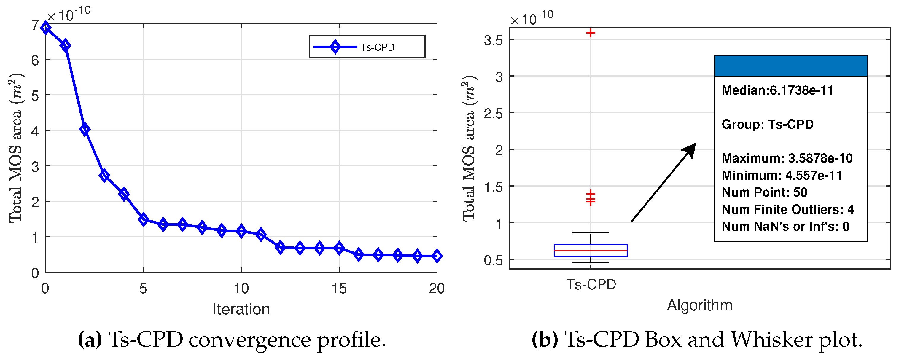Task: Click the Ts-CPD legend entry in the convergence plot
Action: tap(366, 47)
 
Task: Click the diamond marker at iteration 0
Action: tap(45, 28)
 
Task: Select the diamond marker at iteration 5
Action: tap(143, 219)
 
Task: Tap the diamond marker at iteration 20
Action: tap(436, 256)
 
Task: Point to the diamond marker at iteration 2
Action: tap(85, 129)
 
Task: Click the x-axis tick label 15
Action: tap(339, 289)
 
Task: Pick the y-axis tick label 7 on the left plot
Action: tap(35, 26)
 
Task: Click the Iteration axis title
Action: tap(241, 309)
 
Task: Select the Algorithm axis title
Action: tap(699, 305)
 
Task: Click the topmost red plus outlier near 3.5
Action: tap(591, 33)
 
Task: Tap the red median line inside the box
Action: tap(591, 251)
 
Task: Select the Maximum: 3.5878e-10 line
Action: tap(787, 158)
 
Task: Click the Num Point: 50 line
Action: tap(764, 192)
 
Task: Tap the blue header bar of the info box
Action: tap(791, 66)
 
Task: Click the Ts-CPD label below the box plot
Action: tap(591, 285)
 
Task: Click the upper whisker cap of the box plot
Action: tap(591, 232)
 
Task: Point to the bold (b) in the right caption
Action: tap(545, 340)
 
